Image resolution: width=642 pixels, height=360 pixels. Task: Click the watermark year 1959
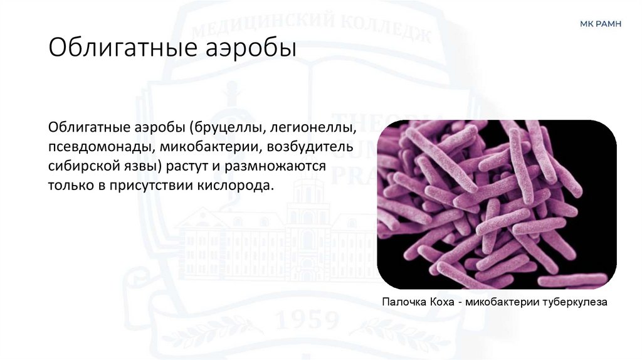pyautogui.click(x=307, y=322)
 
